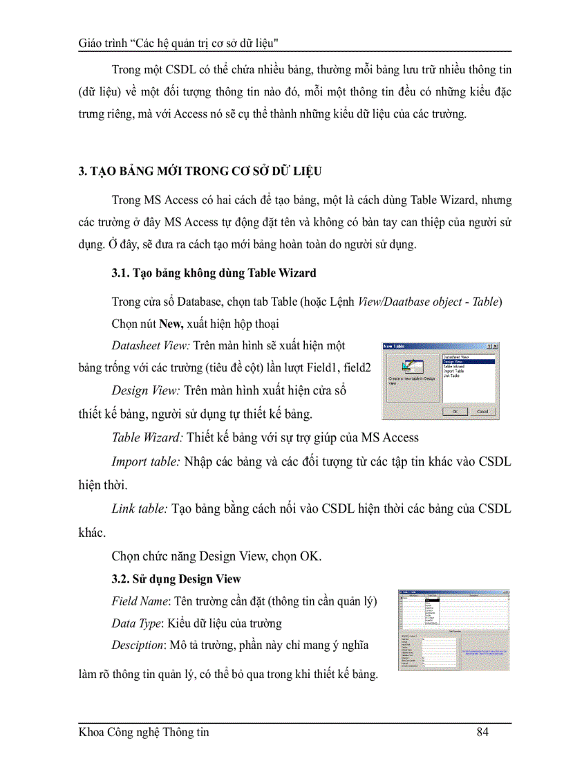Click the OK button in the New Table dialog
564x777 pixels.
pyautogui.click(x=455, y=410)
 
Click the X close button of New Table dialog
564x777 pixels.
pyautogui.click(x=495, y=346)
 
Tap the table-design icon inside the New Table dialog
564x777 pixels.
pyautogui.click(x=414, y=367)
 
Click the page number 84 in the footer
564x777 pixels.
pyautogui.click(x=482, y=732)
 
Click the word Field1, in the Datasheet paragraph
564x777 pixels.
pyautogui.click(x=314, y=368)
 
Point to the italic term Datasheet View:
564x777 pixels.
pyautogui.click(x=150, y=345)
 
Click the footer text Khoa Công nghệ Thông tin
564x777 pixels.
pyautogui.click(x=144, y=732)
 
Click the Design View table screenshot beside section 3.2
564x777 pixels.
pyautogui.click(x=453, y=630)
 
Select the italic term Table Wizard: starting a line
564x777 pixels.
pyautogui.click(x=147, y=437)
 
